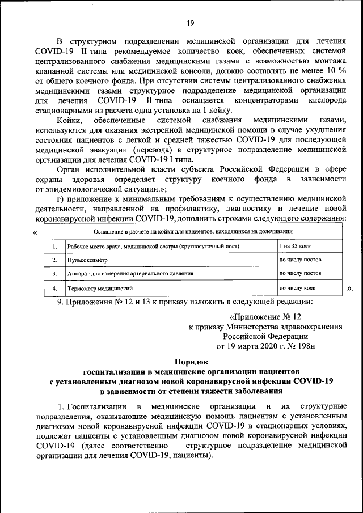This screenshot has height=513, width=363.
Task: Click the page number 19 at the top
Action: [x=190, y=23]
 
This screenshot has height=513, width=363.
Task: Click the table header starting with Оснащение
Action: [x=193, y=232]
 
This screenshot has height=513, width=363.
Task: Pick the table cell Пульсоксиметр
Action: [x=87, y=260]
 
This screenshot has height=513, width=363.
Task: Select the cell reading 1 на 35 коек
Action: [x=296, y=247]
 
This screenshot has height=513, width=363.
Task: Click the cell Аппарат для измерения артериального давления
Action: [x=130, y=273]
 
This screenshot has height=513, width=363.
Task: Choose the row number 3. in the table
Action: [x=54, y=274]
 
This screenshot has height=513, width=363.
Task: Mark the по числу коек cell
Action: [x=297, y=289]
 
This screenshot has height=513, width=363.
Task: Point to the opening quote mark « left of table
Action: [x=36, y=232]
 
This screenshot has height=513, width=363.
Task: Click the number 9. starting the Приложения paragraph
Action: [x=61, y=302]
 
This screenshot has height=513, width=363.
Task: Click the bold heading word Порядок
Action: [x=190, y=361]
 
